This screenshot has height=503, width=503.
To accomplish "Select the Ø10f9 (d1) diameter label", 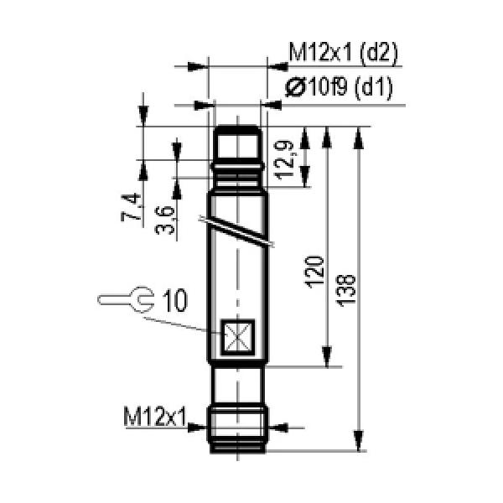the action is pyautogui.click(x=339, y=87).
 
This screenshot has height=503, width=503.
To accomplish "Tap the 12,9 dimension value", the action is pyautogui.click(x=284, y=160).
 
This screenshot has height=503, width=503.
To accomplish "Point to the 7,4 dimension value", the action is pyautogui.click(x=132, y=207).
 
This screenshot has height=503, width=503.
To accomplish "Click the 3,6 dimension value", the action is pyautogui.click(x=165, y=220).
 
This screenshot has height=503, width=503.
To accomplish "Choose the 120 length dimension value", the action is pyautogui.click(x=314, y=272).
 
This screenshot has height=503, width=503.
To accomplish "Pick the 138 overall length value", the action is pyautogui.click(x=346, y=291).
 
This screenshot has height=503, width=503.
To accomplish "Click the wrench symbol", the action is pyautogui.click(x=127, y=299).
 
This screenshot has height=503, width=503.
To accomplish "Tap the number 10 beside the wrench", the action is pyautogui.click(x=175, y=300).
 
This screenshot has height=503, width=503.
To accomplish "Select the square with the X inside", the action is pyautogui.click(x=238, y=337).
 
